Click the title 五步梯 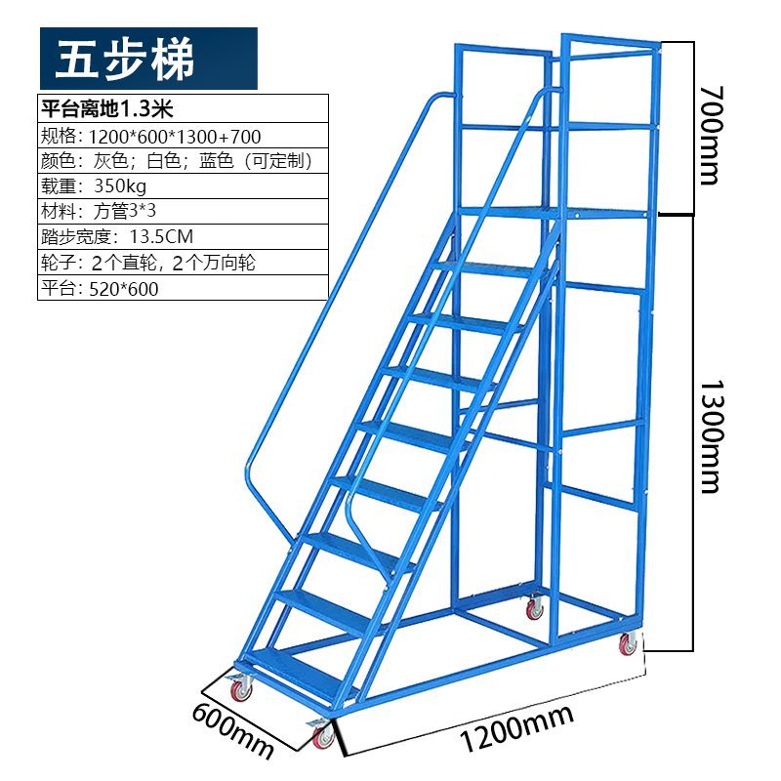125,60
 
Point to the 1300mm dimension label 709,431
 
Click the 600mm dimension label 232,726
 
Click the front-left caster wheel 240,690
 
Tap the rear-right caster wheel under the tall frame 627,645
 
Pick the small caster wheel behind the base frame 534,609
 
